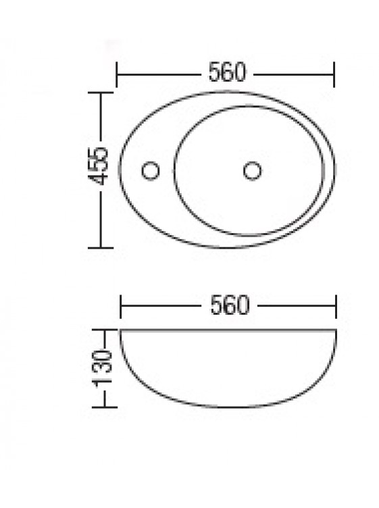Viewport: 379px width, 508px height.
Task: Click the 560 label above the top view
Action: tap(227, 72)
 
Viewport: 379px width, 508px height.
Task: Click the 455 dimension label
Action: tap(98, 166)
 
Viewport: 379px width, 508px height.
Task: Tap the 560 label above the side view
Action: tap(230, 305)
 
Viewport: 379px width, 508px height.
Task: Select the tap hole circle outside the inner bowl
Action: tap(151, 171)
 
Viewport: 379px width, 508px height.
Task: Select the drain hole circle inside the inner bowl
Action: tap(253, 171)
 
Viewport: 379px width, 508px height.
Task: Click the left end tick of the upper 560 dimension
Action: tap(117, 74)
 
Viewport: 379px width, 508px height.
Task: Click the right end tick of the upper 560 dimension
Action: tap(334, 74)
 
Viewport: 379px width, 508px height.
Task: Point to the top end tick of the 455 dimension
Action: tap(101, 93)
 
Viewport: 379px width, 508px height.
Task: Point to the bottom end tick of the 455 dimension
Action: tap(101, 248)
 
